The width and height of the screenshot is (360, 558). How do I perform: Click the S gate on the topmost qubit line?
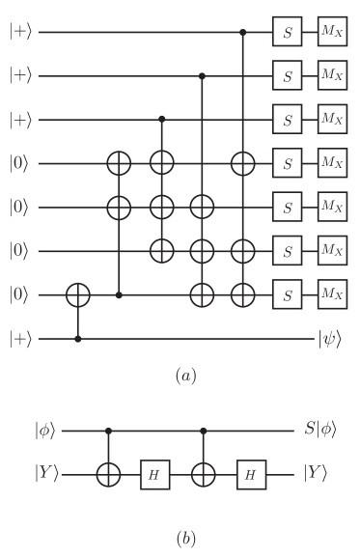[x=287, y=33]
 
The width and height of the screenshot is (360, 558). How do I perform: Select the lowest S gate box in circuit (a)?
[x=287, y=293]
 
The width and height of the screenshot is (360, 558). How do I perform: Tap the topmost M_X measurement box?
[x=332, y=33]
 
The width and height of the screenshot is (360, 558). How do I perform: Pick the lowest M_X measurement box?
[x=332, y=293]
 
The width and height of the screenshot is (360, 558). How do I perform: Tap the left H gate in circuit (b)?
[x=155, y=474]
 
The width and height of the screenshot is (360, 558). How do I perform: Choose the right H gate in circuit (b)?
[x=251, y=474]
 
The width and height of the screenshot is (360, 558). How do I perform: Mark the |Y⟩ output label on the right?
[x=320, y=474]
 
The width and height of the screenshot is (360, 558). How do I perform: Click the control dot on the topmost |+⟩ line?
[x=241, y=33]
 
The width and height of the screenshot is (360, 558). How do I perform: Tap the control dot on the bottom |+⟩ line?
[x=78, y=339]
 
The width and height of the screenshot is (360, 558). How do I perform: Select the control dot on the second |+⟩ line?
[x=202, y=74]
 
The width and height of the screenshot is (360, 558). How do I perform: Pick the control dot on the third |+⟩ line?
[x=162, y=119]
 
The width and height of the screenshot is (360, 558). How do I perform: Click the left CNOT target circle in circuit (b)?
[x=108, y=474]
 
